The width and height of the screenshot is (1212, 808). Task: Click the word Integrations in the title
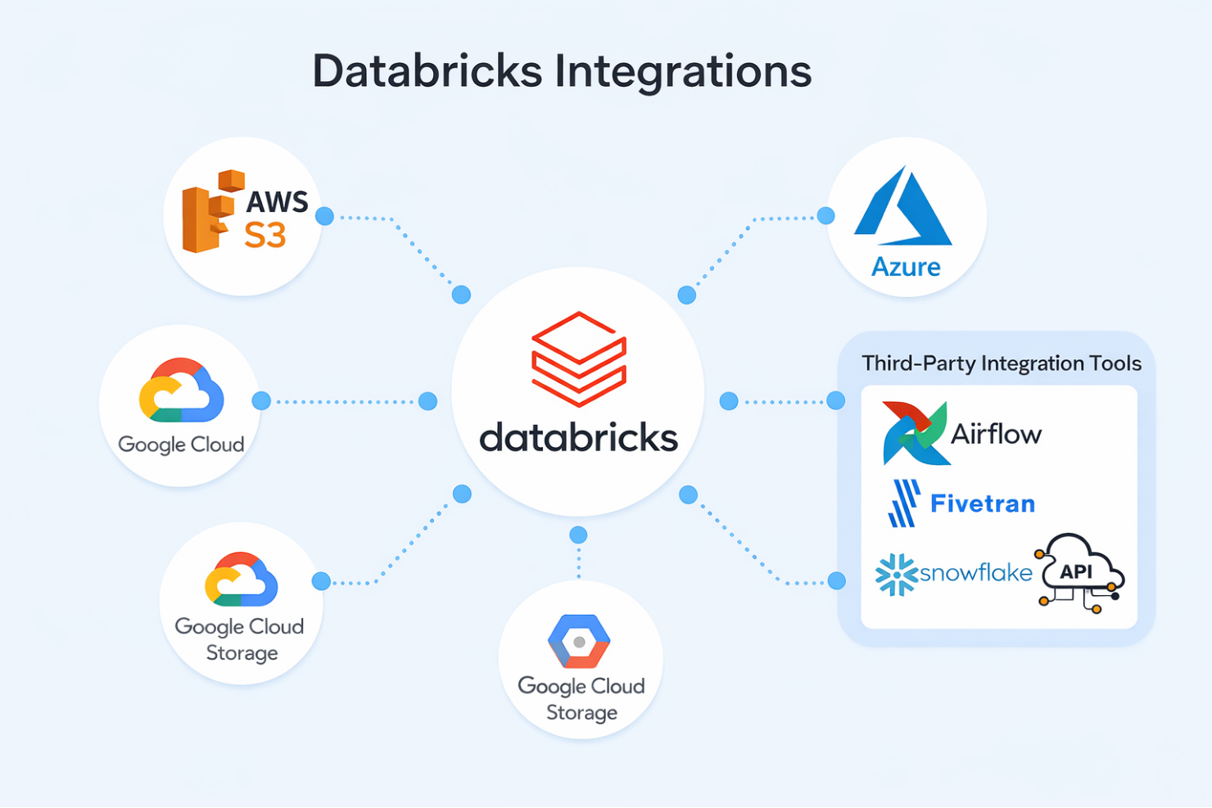[x=683, y=71]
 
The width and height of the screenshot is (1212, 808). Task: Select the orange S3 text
[x=265, y=236]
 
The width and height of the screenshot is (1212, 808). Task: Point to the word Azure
[x=906, y=267]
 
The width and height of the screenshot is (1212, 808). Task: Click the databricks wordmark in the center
[x=578, y=438]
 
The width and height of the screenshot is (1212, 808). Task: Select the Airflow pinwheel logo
[x=914, y=433]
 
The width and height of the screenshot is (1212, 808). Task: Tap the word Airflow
[x=996, y=434]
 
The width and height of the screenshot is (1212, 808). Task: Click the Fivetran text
[x=983, y=503]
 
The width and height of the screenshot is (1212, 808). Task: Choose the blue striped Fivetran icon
[x=904, y=503]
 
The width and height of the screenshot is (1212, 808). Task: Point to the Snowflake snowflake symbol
[x=895, y=574]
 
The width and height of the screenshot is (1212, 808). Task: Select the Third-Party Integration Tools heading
[x=1001, y=363]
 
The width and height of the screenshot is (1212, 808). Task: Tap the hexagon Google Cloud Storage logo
[x=579, y=641]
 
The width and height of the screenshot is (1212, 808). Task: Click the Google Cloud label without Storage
[x=181, y=445]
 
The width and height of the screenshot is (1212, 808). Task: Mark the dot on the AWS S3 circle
[x=324, y=216]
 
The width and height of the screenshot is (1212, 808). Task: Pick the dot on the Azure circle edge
[x=825, y=215]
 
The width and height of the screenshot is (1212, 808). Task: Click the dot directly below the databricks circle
[x=578, y=535]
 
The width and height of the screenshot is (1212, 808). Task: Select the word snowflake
[x=975, y=572]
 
